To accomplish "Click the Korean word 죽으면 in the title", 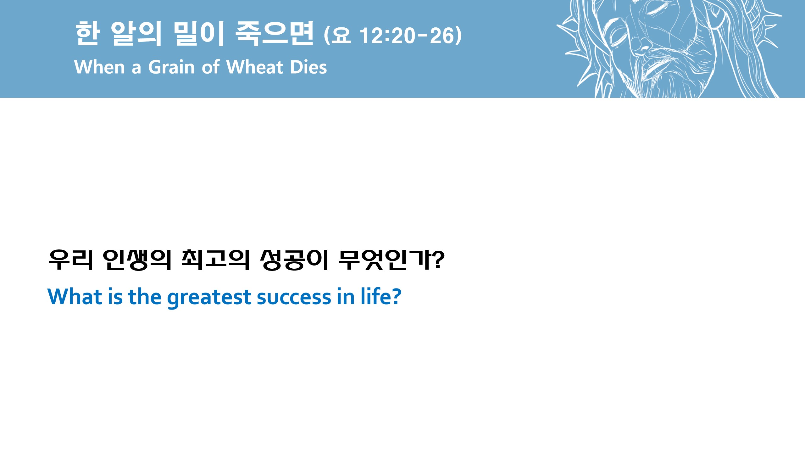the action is click(x=274, y=34).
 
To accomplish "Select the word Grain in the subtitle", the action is click(x=171, y=67).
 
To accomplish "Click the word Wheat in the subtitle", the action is click(x=254, y=67).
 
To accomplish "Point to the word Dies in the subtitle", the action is click(x=308, y=67).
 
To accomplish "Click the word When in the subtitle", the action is click(x=100, y=67).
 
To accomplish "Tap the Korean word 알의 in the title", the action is click(x=136, y=34).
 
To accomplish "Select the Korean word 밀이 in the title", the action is click(x=198, y=34).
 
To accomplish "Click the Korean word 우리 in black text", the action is click(x=71, y=260).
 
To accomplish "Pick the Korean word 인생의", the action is click(x=137, y=260).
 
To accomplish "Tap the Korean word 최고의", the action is click(x=215, y=260).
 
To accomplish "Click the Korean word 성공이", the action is click(x=294, y=260).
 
